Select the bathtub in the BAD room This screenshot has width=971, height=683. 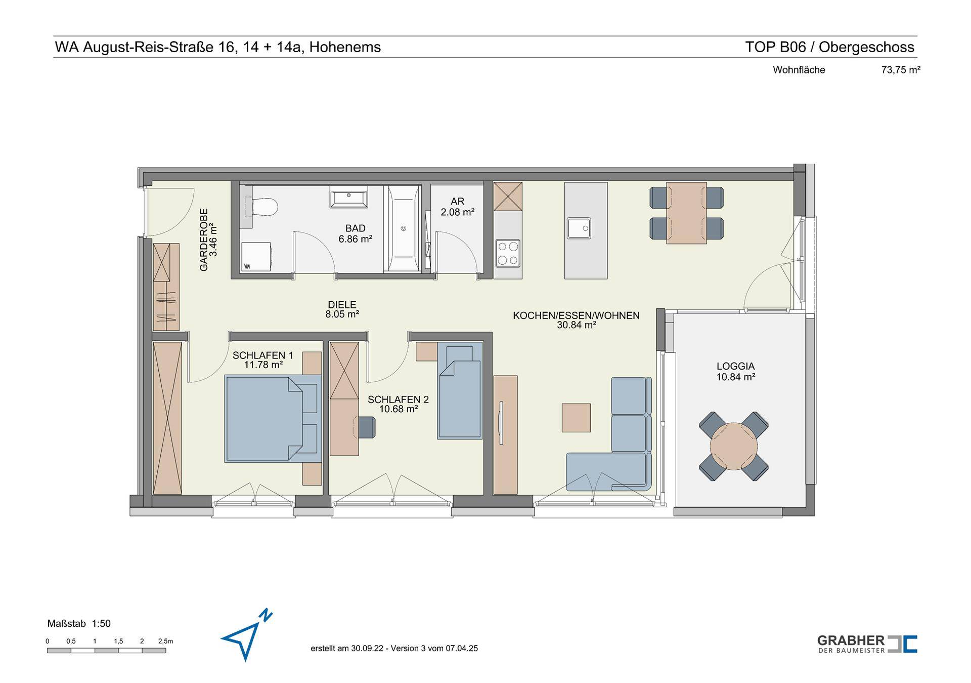pyautogui.click(x=403, y=228)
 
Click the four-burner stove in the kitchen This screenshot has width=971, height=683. pyautogui.click(x=508, y=253)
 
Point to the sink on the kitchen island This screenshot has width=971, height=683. pyautogui.click(x=579, y=228)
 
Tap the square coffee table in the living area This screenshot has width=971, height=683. pyautogui.click(x=576, y=418)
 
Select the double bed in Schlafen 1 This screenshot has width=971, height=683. pyautogui.click(x=273, y=418)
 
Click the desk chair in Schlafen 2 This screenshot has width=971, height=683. pyautogui.click(x=366, y=426)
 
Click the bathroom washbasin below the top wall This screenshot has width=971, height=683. pyautogui.click(x=349, y=196)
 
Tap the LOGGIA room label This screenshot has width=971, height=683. pyautogui.click(x=735, y=366)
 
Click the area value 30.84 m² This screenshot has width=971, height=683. pyautogui.click(x=577, y=325)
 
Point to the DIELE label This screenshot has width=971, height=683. pyautogui.click(x=342, y=305)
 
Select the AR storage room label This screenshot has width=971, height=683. pyautogui.click(x=457, y=202)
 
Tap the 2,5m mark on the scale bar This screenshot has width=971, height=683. pyautogui.click(x=165, y=641)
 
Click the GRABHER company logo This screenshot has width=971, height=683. pyautogui.click(x=867, y=644)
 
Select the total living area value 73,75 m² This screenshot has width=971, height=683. pyautogui.click(x=901, y=70)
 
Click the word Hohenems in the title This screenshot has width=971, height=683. pyautogui.click(x=345, y=47)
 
